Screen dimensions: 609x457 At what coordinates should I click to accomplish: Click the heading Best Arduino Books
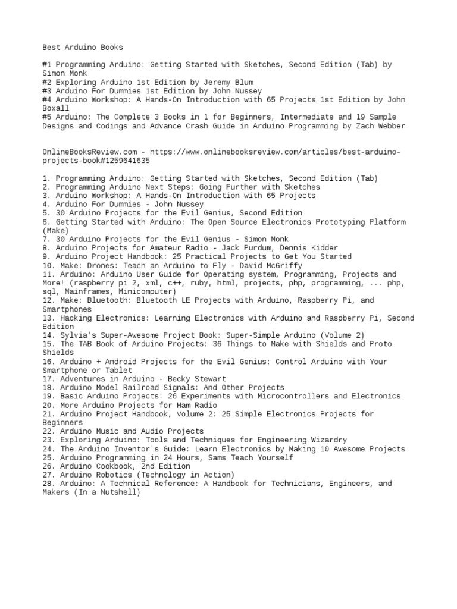[83, 47]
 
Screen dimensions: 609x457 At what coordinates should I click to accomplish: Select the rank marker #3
[47, 91]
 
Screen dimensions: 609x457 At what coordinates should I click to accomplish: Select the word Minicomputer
[146, 291]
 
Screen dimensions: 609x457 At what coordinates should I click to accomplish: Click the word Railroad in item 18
[149, 387]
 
